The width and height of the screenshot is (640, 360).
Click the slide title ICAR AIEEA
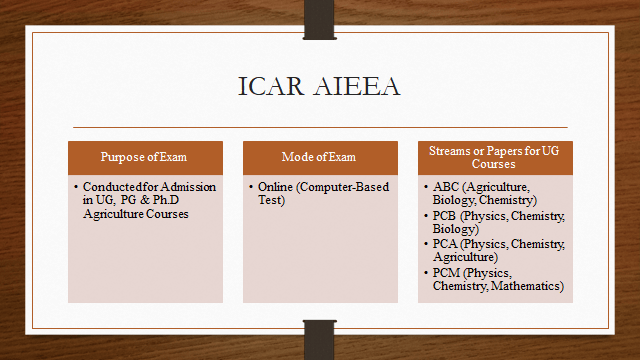320,86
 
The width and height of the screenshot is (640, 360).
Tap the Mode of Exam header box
319,158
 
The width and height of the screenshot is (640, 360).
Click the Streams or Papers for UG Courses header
494,157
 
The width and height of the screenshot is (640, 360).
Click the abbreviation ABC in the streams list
447,187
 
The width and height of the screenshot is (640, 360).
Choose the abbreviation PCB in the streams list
447,216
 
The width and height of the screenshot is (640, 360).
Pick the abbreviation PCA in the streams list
447,244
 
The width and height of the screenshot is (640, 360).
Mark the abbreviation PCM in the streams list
447,273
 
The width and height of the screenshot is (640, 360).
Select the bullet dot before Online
251,188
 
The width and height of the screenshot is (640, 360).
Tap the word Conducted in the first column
106,187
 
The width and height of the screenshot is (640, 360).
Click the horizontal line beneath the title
320,127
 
